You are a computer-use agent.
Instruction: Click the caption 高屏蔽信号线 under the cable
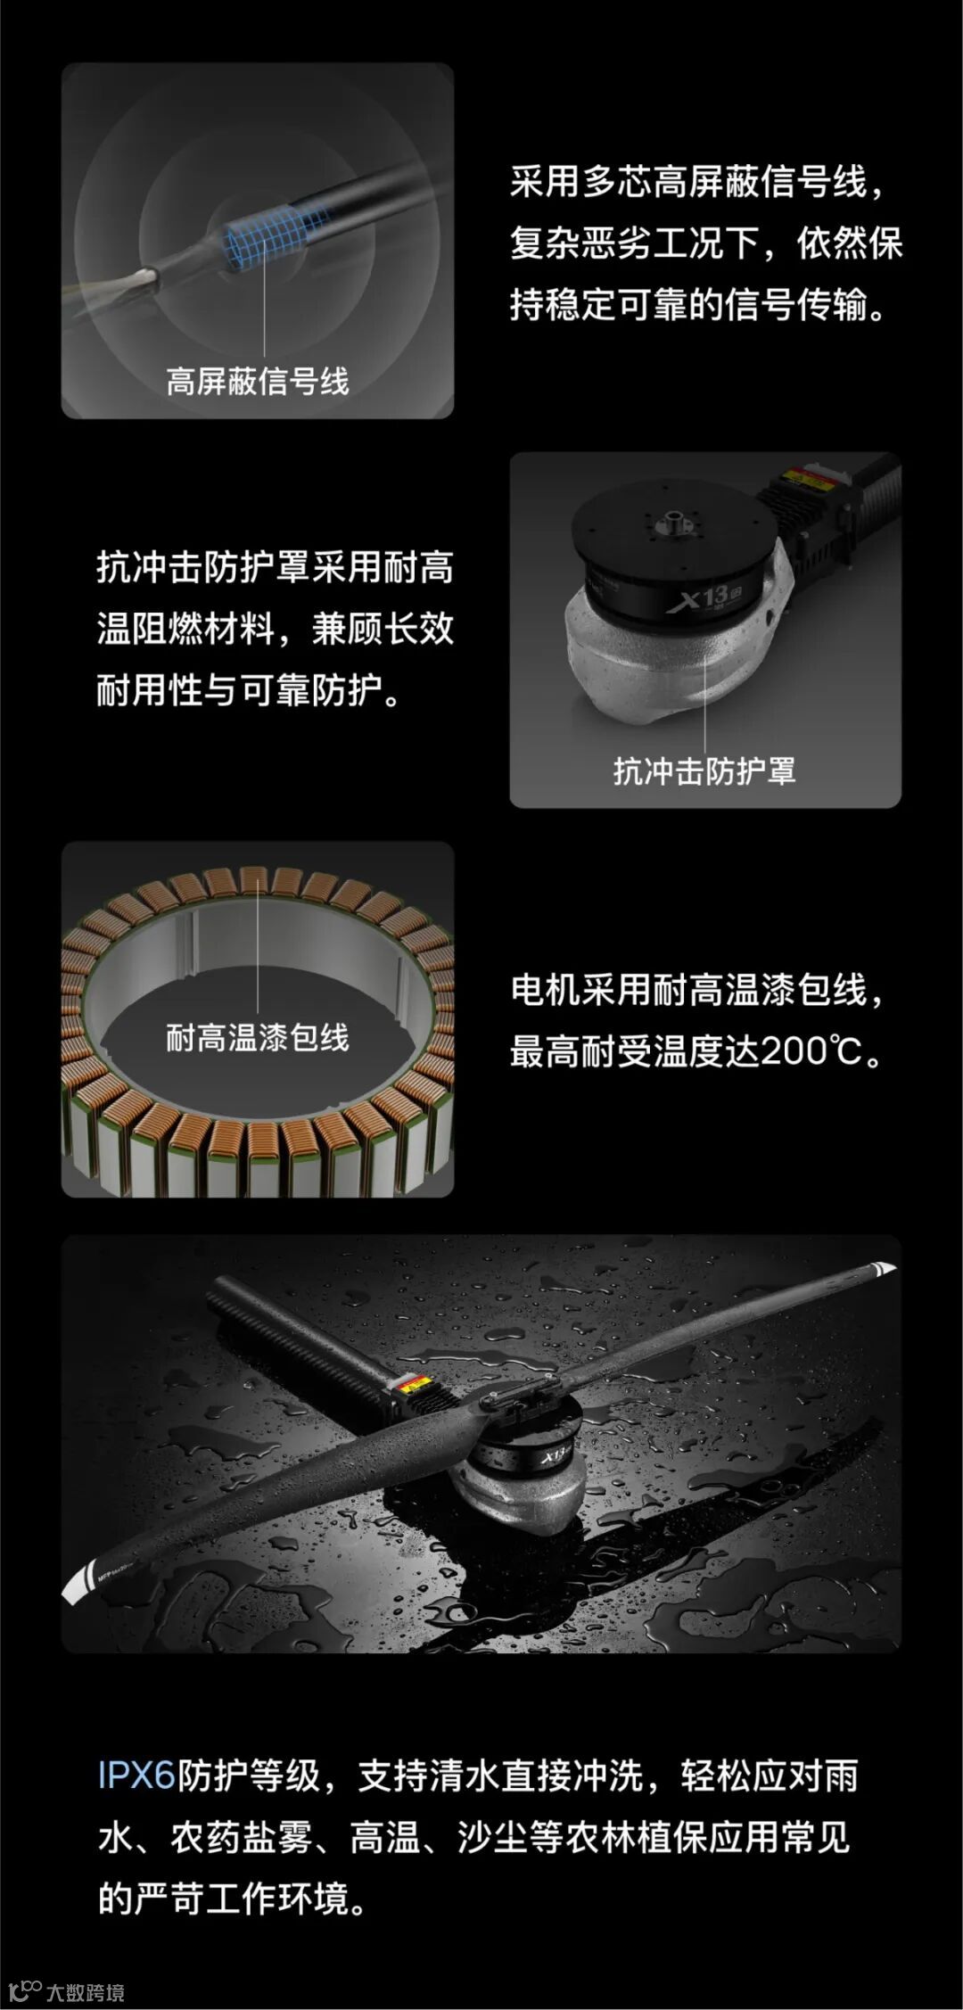(258, 382)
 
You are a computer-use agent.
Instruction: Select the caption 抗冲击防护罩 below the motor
(704, 770)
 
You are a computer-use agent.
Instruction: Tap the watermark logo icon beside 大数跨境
(25, 1990)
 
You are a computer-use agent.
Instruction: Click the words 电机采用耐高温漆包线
(688, 990)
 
